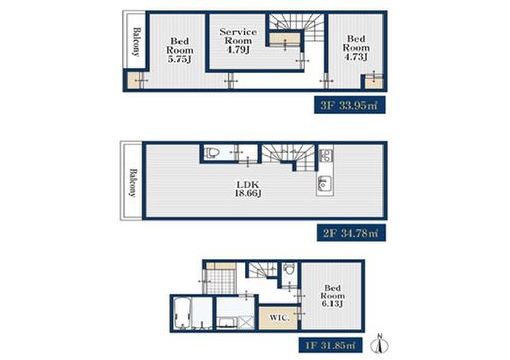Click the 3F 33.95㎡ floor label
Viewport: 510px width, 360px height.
tap(350, 105)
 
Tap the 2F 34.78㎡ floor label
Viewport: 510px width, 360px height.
tap(351, 233)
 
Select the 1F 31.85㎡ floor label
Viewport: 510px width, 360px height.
tap(330, 345)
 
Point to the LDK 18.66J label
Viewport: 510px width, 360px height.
tap(248, 189)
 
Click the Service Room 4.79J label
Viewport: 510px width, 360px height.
tap(238, 41)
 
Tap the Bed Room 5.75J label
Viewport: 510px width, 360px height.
tap(180, 50)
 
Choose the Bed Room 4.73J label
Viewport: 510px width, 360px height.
tap(356, 48)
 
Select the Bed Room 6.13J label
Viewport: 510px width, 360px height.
tap(332, 296)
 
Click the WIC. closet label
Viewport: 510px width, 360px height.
tap(279, 317)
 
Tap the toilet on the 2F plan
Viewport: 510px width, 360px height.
tap(212, 152)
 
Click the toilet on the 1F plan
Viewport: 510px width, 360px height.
tap(289, 269)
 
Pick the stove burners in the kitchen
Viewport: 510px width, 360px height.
tap(325, 156)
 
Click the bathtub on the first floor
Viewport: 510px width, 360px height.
tap(183, 313)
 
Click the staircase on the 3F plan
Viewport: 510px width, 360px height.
tap(298, 28)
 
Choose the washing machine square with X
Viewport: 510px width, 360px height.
tap(246, 323)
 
